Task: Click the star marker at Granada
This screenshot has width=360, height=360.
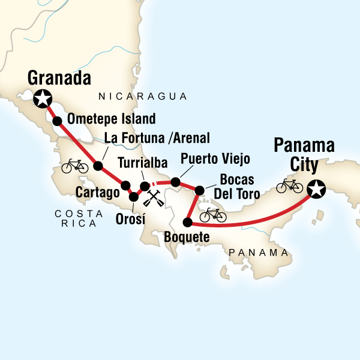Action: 42,98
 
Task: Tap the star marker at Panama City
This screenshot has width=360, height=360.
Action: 315,190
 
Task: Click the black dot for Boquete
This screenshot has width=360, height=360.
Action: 187,222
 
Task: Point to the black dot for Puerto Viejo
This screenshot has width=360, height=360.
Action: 175,181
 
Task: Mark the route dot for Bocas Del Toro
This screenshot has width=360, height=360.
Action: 199,191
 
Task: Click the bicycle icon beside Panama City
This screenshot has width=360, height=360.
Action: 289,186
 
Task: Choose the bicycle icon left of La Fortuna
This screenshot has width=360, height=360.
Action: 74,164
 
